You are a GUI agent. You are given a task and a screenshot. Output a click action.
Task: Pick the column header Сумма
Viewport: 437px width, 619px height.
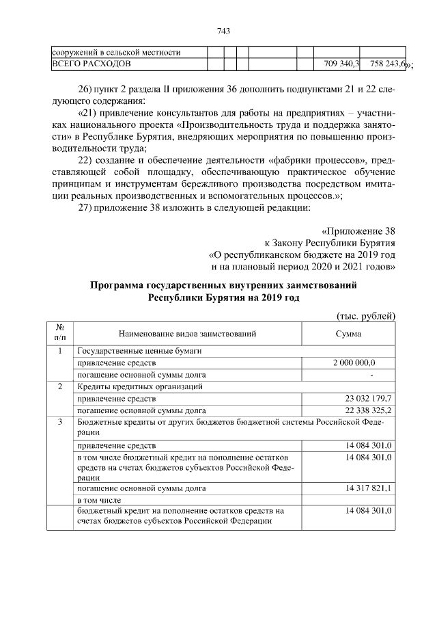(348, 334)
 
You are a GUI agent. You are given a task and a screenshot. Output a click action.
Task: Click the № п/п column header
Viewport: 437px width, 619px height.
(59, 334)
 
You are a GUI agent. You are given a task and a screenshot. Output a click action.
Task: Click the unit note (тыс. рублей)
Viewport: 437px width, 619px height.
(367, 315)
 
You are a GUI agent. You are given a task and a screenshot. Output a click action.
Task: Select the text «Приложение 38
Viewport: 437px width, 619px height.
(358, 231)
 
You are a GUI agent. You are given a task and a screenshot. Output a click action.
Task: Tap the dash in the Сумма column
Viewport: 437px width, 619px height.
(371, 375)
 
